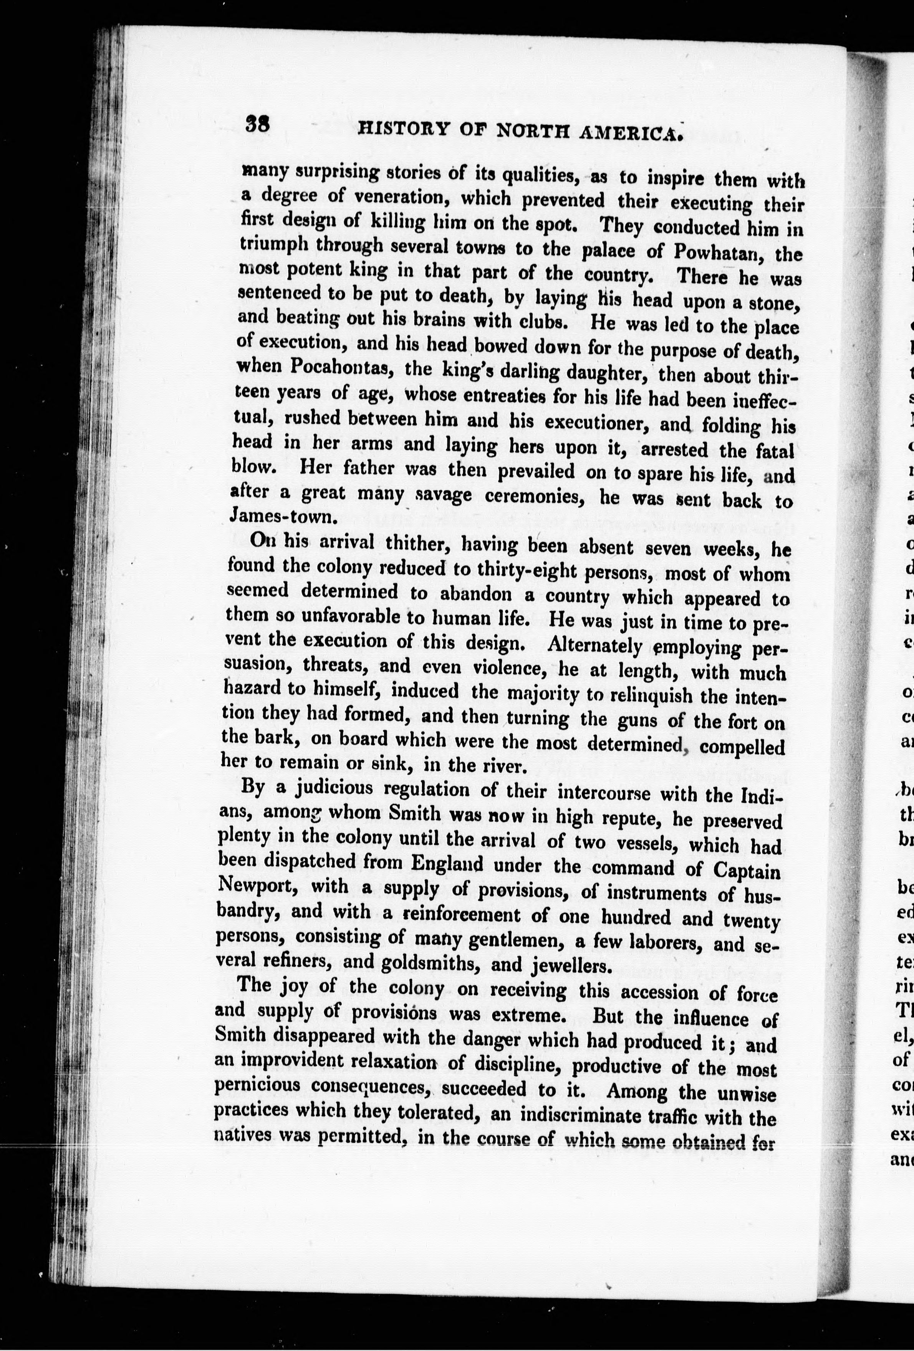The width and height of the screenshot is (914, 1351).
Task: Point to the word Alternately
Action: (x=594, y=645)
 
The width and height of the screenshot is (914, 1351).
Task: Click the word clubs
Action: (x=545, y=322)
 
